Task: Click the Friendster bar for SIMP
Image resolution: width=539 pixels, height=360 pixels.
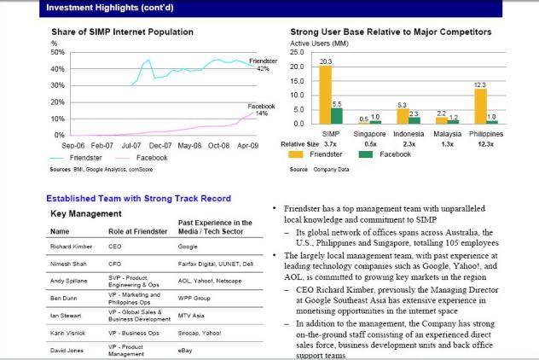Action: click(326, 95)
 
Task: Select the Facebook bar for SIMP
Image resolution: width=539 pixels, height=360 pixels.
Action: click(337, 116)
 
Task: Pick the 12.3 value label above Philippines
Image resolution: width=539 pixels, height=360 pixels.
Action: click(480, 84)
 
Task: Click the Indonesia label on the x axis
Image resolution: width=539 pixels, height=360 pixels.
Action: click(409, 134)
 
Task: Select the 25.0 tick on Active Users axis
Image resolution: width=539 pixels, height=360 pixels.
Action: click(298, 52)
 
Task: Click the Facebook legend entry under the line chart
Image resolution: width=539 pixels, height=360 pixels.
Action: click(152, 158)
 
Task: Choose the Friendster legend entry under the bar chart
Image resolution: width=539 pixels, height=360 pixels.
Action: click(326, 154)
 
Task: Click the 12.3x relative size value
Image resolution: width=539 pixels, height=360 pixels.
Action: click(486, 144)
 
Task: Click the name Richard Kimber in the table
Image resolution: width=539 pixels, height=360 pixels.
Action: click(70, 247)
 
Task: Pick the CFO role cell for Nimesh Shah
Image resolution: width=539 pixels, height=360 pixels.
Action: click(116, 264)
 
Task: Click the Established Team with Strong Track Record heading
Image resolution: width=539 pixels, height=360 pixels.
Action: click(138, 199)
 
